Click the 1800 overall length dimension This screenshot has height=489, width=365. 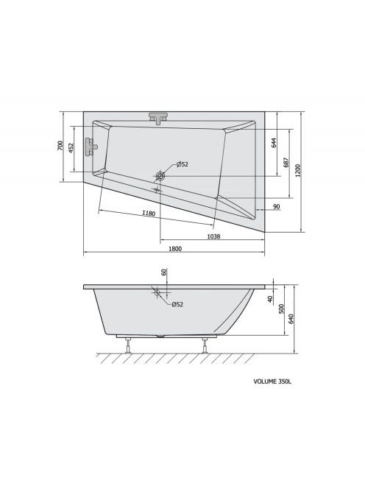(x=175, y=249)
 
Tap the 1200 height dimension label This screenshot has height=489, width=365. (x=298, y=171)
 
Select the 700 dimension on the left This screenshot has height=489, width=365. (x=60, y=146)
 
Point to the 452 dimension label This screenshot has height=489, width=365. (x=71, y=148)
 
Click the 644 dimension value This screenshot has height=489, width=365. (x=274, y=143)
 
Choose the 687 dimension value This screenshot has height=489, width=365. (x=287, y=163)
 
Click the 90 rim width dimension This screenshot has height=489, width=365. (x=276, y=206)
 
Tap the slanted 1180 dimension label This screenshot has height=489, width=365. (x=149, y=214)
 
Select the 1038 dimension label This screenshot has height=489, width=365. (x=214, y=236)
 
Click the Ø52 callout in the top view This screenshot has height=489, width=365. (x=182, y=164)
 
